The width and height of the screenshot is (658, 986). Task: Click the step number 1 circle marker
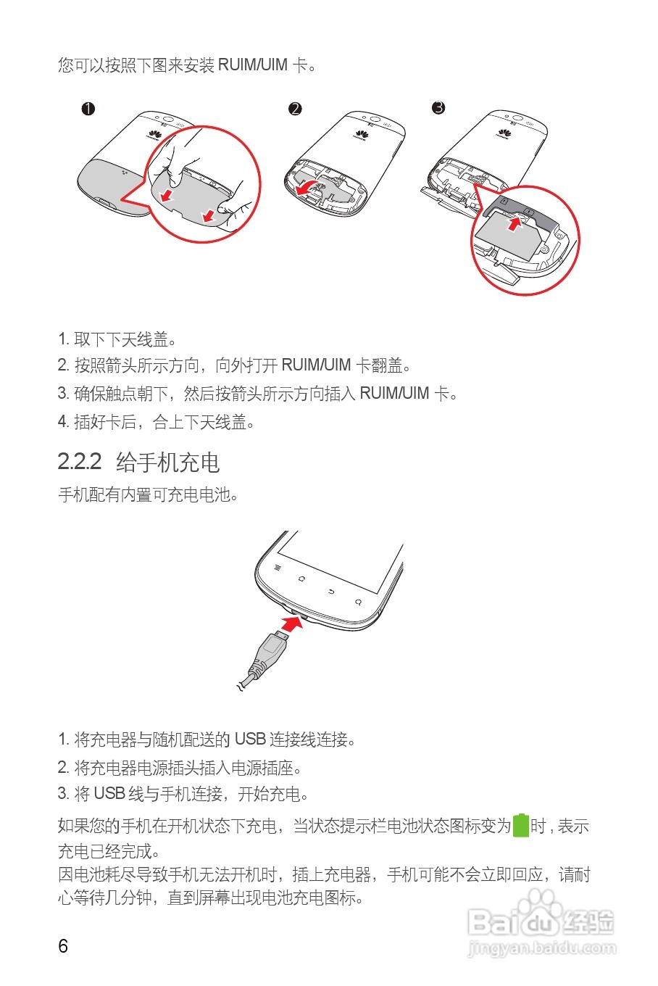pos(88,109)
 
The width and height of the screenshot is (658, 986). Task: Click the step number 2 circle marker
pos(295,109)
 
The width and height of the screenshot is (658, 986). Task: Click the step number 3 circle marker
pos(438,108)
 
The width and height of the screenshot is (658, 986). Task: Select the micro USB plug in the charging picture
pos(273,646)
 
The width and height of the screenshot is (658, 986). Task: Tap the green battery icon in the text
pos(521,826)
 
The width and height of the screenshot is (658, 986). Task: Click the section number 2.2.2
pos(80,462)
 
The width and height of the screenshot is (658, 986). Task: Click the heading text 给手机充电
pos(167,462)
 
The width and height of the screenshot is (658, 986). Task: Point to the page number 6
pos(63,945)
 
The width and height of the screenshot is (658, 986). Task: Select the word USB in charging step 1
pos(250,739)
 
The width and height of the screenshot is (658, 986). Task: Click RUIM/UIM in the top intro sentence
pos(253,65)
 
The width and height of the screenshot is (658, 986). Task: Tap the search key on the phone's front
pos(358,602)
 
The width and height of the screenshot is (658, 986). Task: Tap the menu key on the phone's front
pos(277,568)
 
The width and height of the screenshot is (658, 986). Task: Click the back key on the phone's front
pos(331,592)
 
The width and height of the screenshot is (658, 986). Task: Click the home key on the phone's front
pos(301,579)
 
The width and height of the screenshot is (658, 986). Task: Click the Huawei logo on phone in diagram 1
pos(154,133)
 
